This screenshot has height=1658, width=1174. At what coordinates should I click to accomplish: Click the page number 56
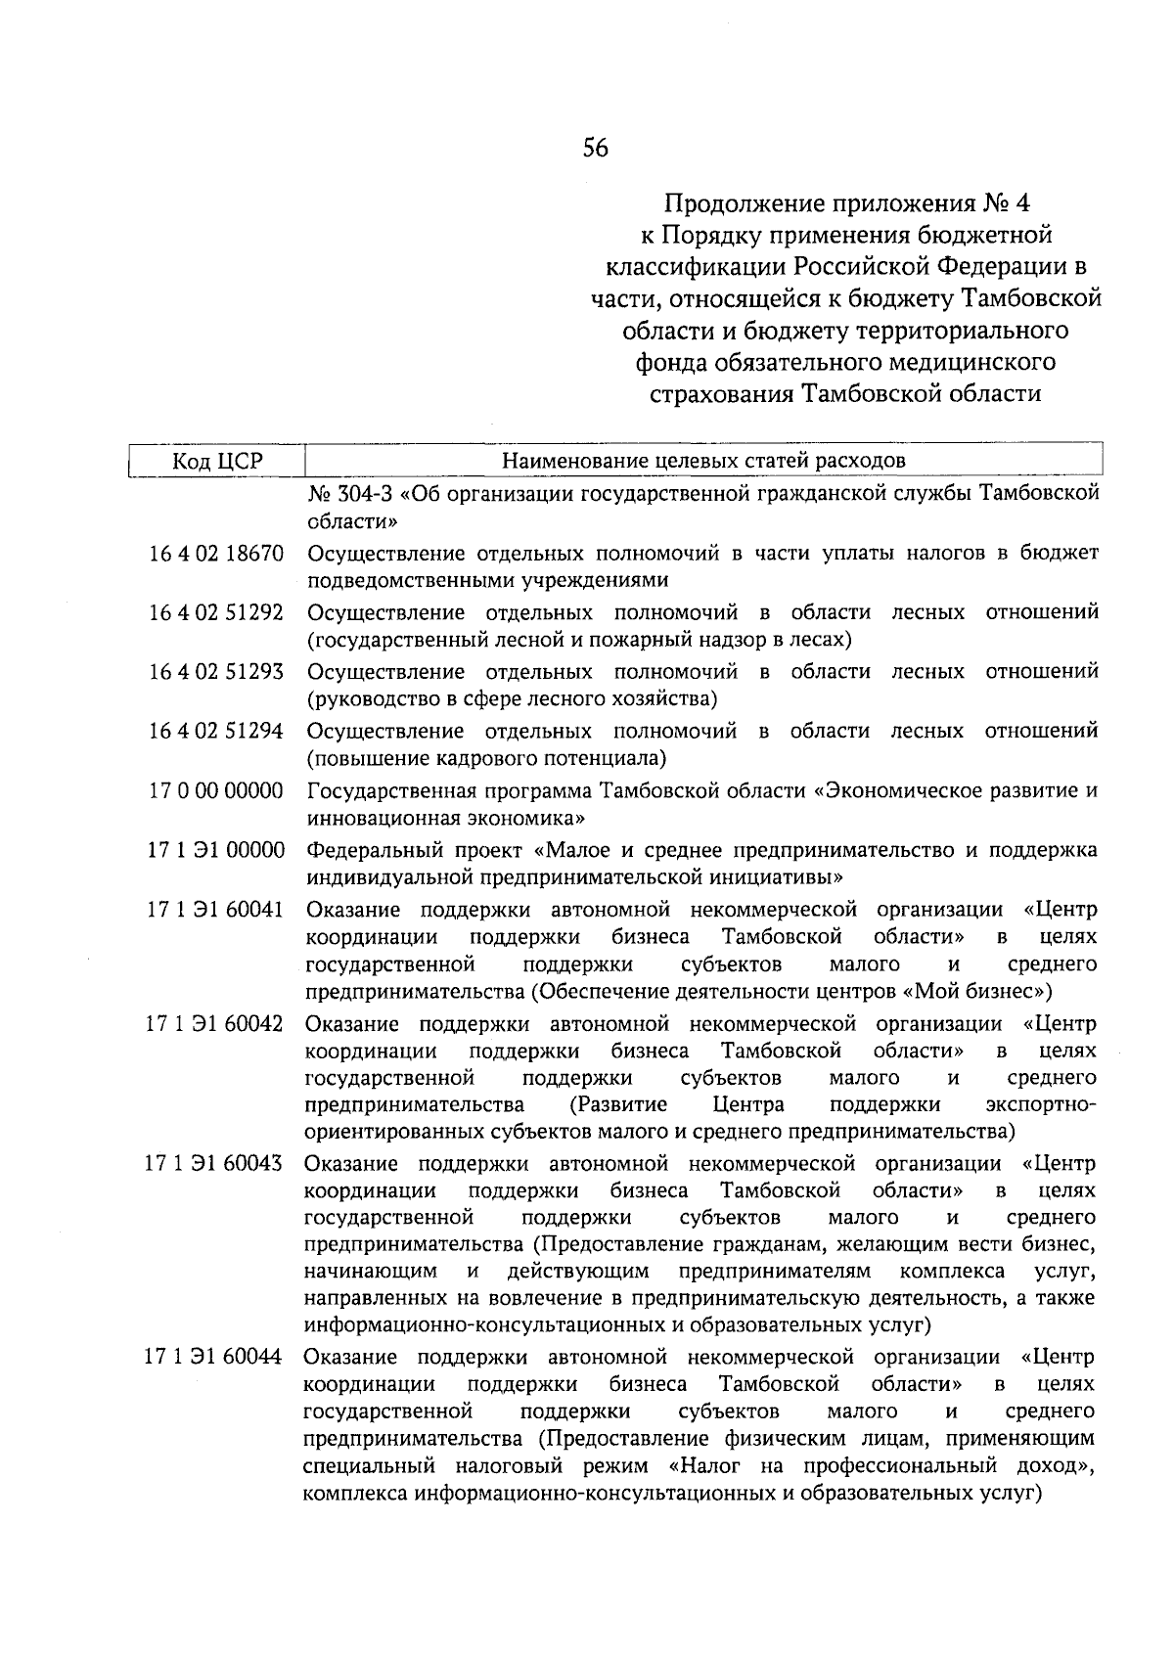point(595,149)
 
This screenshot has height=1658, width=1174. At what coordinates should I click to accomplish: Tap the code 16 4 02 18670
point(216,554)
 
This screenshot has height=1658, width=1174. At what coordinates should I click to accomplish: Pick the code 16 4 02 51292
point(216,613)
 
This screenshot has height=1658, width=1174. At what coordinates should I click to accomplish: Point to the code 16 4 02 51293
point(216,672)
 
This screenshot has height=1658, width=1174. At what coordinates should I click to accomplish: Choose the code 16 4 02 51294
point(216,732)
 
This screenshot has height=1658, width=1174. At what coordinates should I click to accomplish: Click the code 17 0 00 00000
point(216,790)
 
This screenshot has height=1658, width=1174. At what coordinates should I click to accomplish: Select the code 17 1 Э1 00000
point(216,850)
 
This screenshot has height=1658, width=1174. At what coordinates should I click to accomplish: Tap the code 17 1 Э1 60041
point(216,910)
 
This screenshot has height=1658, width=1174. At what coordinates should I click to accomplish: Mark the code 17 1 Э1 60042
point(216,1024)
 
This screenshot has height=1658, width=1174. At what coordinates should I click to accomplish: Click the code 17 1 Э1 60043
point(216,1164)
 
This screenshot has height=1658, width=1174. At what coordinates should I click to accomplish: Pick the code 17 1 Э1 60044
point(216,1358)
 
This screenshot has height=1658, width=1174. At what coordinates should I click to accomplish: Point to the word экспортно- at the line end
point(1041,1105)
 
